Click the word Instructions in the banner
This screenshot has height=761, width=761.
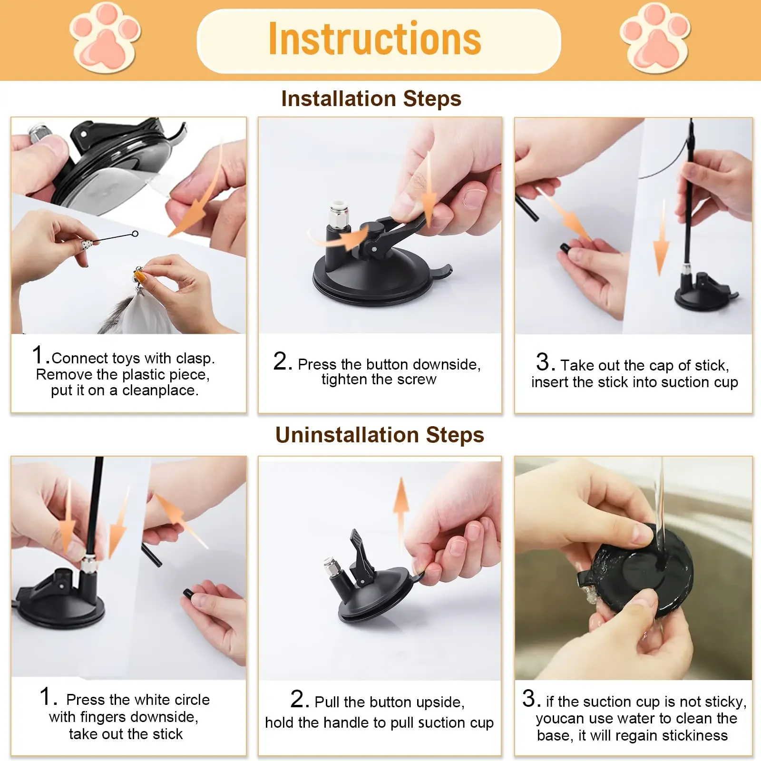[x=375, y=39]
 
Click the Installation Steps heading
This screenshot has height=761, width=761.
[x=371, y=99]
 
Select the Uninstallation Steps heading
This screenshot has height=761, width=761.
[x=380, y=435]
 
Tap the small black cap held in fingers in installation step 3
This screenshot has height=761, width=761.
[x=565, y=248]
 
